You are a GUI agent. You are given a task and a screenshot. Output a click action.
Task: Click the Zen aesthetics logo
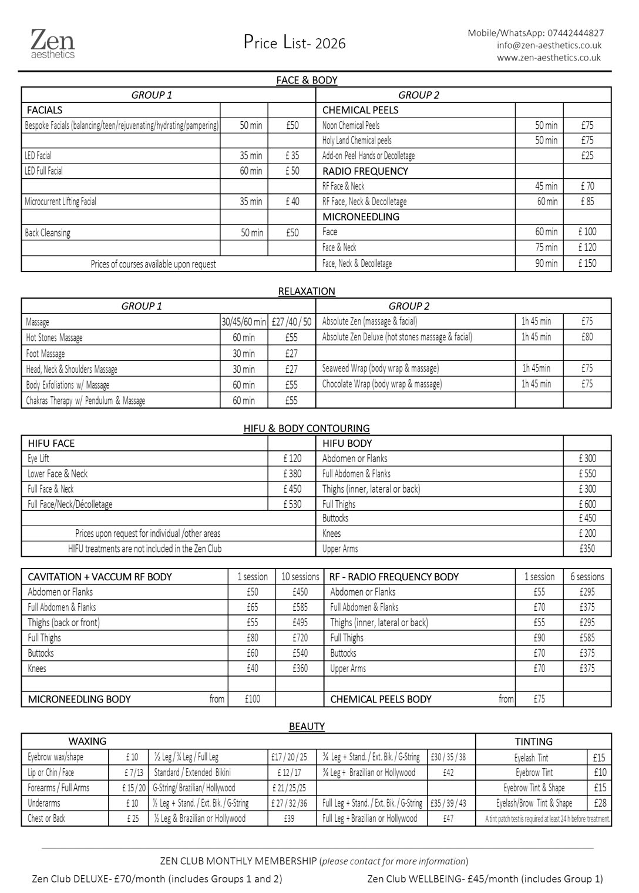pos(53,44)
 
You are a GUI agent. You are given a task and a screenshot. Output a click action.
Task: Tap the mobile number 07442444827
pos(575,33)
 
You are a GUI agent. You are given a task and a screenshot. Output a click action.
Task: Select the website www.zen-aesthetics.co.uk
pos(549,58)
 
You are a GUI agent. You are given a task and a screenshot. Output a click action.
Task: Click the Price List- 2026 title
pos(295,43)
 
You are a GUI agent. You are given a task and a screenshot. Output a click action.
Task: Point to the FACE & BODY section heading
pos(307,80)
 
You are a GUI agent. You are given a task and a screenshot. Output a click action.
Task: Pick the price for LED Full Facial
pos(292,171)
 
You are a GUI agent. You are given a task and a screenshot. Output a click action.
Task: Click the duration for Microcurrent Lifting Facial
pos(251,202)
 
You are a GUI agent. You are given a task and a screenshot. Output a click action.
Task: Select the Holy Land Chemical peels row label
pos(357,141)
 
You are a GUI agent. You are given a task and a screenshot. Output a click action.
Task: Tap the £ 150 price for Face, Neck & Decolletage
pos(587,263)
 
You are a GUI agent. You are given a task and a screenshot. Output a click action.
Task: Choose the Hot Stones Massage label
pos(54,338)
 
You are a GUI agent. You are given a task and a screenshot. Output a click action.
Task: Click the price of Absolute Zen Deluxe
pos(587,337)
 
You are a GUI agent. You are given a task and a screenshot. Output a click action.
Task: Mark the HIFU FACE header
pos(51,443)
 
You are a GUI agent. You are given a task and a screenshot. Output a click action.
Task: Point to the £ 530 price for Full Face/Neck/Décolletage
pos(292,504)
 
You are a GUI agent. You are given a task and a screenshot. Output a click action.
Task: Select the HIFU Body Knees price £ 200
pos(587,534)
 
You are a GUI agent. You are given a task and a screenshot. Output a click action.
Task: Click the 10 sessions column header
pos(300,577)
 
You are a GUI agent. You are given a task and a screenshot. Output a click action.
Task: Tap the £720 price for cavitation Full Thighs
pos(300,638)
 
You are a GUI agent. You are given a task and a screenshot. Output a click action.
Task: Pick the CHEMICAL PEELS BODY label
pos(381,699)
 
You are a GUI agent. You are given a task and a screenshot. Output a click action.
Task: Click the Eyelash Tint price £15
pos(599,758)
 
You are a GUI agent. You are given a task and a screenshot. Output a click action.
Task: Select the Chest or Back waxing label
pos(46,818)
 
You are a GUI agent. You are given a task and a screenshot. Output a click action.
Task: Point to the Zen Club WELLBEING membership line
pos(485,879)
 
